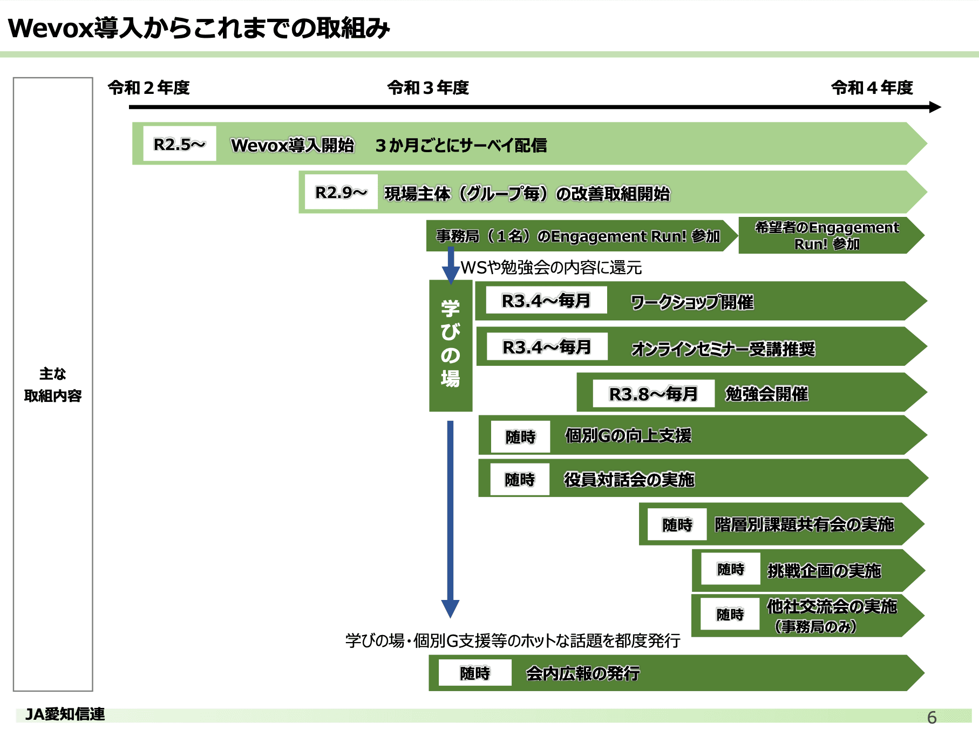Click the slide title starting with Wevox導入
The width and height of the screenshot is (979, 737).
pos(199,28)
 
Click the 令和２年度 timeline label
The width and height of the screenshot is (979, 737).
pos(148,87)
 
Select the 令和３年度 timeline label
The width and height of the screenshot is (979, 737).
pos(428,87)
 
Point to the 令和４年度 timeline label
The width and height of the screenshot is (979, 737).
pos(872,87)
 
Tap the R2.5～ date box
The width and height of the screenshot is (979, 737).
pos(179,144)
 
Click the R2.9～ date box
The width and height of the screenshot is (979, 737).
pos(341,192)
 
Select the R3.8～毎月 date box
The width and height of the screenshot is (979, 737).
pos(653,394)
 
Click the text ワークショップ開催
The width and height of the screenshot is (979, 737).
pos(692,302)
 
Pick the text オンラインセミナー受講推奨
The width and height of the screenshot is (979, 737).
pos(723,349)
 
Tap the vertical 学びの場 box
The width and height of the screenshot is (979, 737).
pos(451,345)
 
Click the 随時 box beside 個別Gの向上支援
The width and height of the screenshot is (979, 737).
pos(520,436)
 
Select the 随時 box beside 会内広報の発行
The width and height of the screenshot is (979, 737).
pos(475,673)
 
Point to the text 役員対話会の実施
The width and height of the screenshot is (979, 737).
pos(629,479)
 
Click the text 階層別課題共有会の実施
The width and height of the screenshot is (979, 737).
pos(804,524)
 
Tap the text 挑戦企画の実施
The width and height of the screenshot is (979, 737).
pos(824,570)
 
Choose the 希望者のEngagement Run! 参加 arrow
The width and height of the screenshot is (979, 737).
pos(827,236)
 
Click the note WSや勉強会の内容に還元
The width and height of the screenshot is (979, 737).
pos(551,268)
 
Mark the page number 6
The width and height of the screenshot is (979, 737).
pos(932,717)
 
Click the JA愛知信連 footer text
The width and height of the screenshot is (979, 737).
pos(65,714)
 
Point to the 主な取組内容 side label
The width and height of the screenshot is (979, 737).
pos(53,385)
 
